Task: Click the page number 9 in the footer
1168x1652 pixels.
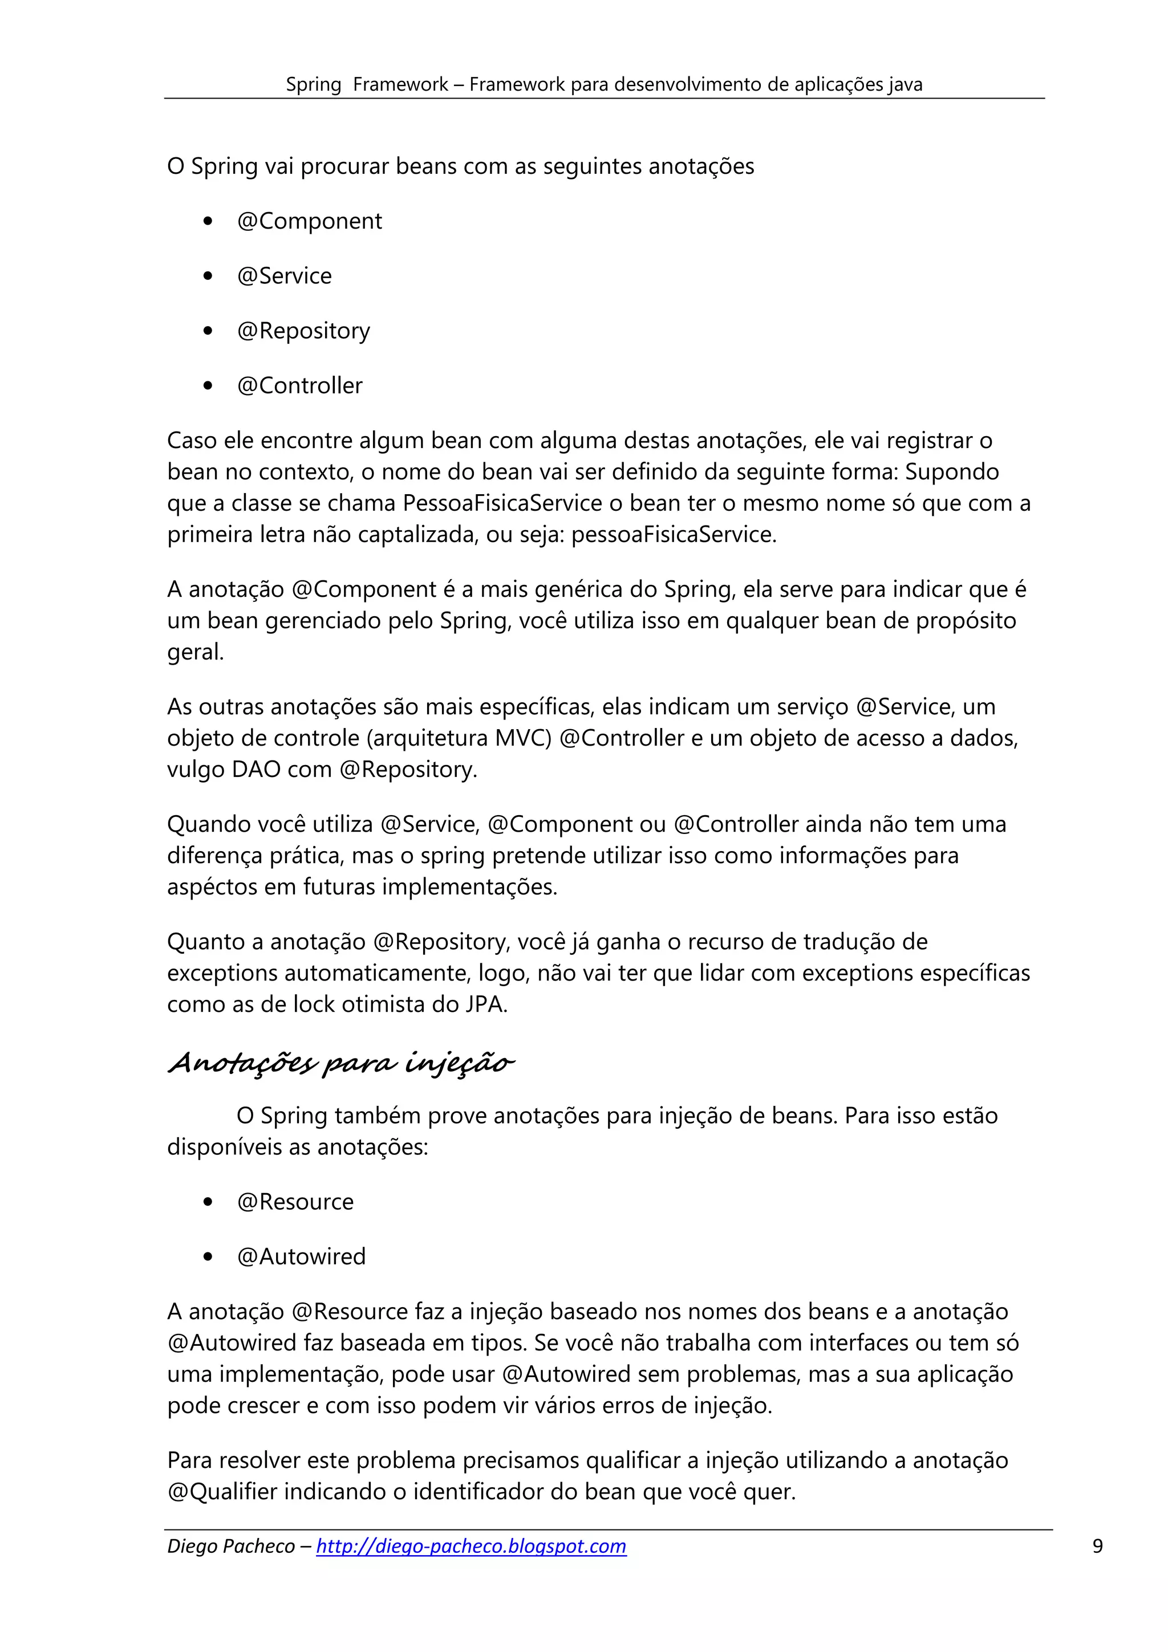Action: pos(1097,1546)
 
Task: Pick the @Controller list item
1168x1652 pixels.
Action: pos(299,386)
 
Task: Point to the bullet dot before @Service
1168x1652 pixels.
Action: pos(208,276)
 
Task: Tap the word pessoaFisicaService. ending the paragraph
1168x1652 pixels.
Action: pos(674,535)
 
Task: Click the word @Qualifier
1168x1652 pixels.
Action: pos(222,1492)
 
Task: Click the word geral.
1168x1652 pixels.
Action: pos(196,652)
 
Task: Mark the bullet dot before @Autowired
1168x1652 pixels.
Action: pos(208,1257)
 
